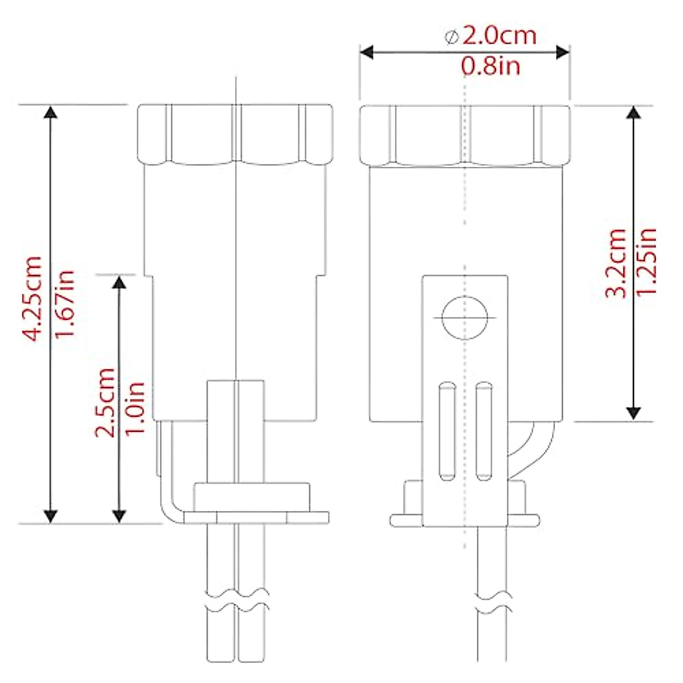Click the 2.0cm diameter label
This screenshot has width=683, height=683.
(x=499, y=36)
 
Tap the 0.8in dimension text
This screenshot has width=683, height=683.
(x=490, y=67)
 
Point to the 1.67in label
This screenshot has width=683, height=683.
(x=65, y=303)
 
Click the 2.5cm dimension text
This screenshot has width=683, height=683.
(x=105, y=402)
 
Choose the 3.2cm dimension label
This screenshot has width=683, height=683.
(x=615, y=263)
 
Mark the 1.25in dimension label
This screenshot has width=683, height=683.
(x=646, y=261)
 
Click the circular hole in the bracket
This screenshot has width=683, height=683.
(x=465, y=318)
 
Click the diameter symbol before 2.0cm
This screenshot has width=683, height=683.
(x=451, y=38)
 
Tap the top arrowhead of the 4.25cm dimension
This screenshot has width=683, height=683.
(x=51, y=112)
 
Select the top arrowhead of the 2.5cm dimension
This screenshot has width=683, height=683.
(x=119, y=282)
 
